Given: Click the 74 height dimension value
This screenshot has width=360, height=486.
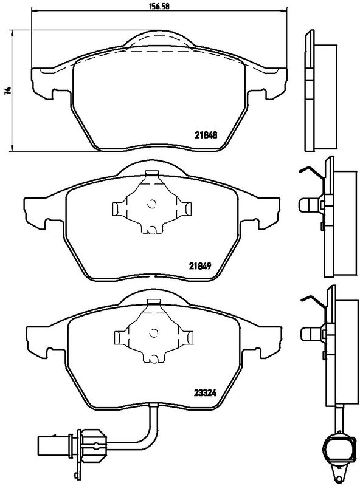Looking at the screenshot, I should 7,91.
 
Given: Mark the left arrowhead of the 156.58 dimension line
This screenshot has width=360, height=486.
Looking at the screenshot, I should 33,12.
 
